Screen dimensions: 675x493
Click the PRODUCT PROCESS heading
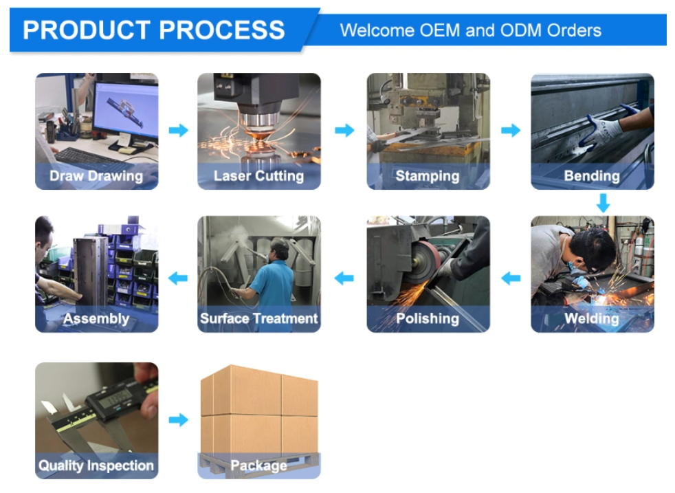154,30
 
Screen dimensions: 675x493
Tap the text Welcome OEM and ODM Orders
471,30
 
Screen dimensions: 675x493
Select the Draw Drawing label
96,176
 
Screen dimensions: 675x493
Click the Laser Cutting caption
258,176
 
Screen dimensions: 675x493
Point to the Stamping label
428,176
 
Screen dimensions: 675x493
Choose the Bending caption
592,176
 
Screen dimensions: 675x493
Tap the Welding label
592,318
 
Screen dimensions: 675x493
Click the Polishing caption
428,318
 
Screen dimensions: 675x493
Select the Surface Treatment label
258,318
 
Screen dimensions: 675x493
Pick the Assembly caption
96,319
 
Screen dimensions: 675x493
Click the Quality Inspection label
96,465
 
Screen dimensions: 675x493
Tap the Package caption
258,465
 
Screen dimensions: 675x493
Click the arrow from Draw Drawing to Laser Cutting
178,130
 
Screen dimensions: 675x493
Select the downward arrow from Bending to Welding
603,203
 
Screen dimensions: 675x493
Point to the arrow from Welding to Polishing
511,278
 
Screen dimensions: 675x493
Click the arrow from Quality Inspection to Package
178,419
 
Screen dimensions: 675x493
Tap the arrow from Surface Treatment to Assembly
178,278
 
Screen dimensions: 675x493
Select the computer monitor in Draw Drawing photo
126,111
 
